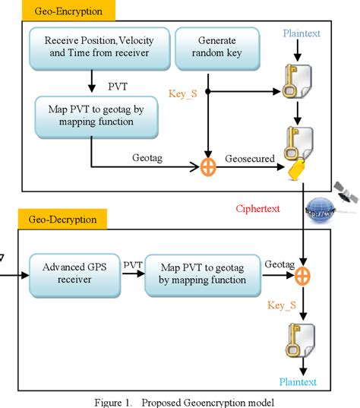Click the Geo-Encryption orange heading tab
[68, 11]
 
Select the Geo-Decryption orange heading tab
[62, 219]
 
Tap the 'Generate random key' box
[217, 49]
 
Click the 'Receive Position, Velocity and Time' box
[99, 49]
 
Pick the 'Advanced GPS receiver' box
[74, 275]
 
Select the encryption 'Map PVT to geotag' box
[96, 117]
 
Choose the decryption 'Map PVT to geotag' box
[203, 275]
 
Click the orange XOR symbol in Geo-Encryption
[208, 167]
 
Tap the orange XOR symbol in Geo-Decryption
[302, 276]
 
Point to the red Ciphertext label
[257, 208]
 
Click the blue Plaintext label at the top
[302, 33]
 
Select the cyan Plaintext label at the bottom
[298, 381]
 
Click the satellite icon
[346, 192]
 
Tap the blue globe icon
[321, 210]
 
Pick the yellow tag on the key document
[297, 169]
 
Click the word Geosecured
[250, 159]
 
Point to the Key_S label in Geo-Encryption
[182, 93]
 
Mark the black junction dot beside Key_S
[208, 91]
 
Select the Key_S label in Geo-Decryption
[282, 305]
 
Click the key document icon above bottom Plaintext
[301, 340]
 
